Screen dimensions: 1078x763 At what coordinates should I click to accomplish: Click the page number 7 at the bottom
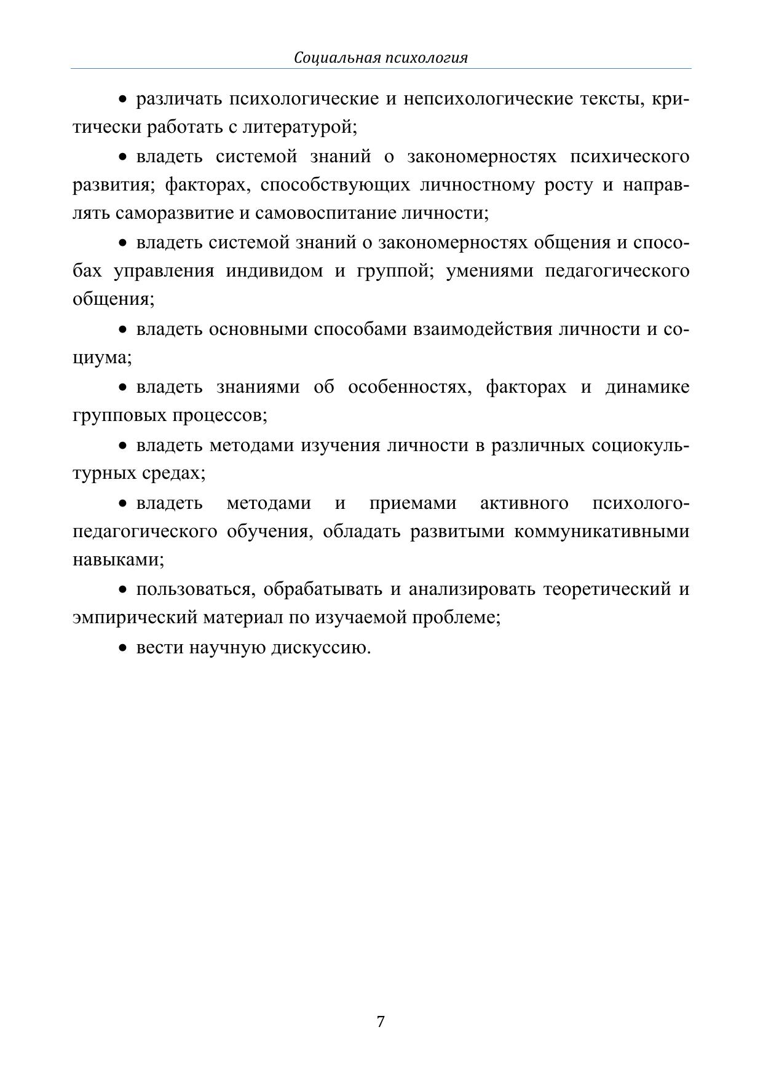point(381,1021)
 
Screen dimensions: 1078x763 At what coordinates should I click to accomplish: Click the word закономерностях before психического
point(481,157)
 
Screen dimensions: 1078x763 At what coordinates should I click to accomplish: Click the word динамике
point(647,387)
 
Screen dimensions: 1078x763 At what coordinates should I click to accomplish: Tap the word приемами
point(413,503)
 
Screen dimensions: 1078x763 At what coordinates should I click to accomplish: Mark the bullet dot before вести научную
point(123,648)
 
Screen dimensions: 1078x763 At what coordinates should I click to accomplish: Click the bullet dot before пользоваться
point(123,590)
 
